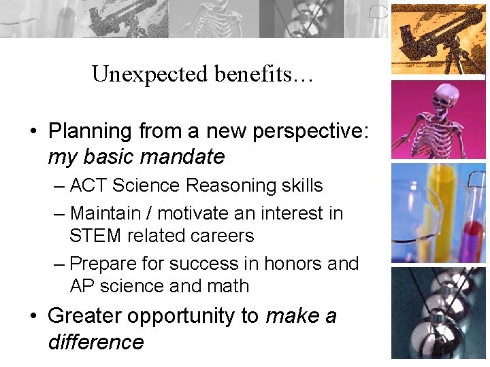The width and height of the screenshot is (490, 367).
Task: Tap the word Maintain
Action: [110, 213]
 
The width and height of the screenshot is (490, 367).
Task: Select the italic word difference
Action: [96, 341]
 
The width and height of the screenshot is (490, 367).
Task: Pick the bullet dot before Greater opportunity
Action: [33, 317]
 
